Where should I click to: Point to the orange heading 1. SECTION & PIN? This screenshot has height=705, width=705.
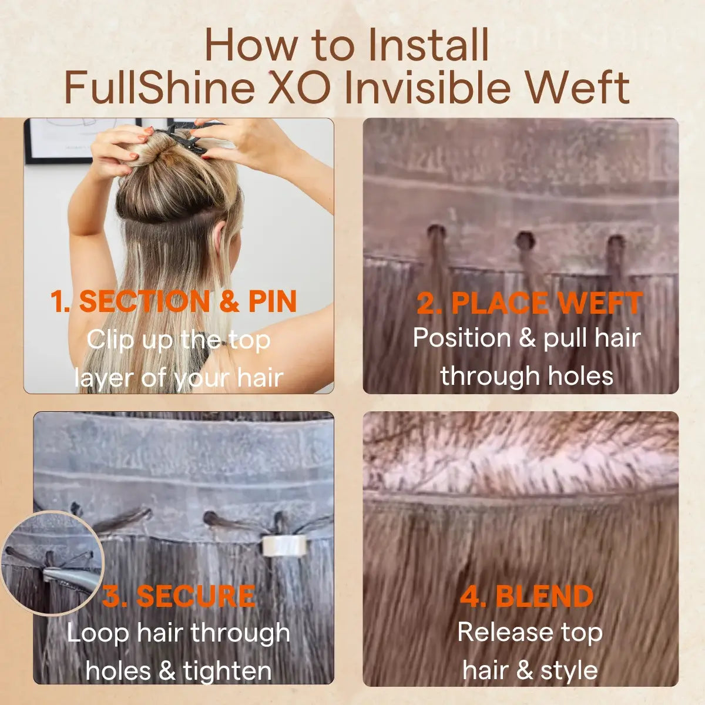pyautogui.click(x=173, y=301)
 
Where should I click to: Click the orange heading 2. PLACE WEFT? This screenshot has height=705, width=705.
pyautogui.click(x=529, y=303)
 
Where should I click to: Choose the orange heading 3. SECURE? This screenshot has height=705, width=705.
pyautogui.click(x=179, y=596)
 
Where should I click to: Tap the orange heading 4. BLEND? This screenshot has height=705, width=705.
pyautogui.click(x=527, y=596)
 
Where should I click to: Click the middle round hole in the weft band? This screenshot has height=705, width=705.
pyautogui.click(x=525, y=241)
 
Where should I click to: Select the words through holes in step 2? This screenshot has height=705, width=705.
pyautogui.click(x=527, y=376)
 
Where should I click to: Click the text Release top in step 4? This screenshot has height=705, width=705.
pyautogui.click(x=530, y=632)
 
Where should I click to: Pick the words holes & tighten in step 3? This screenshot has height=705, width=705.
pyautogui.click(x=179, y=670)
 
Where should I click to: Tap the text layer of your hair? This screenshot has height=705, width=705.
pyautogui.click(x=179, y=378)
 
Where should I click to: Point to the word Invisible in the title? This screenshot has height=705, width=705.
pyautogui.click(x=427, y=87)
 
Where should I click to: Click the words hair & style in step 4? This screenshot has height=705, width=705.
pyautogui.click(x=530, y=670)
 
